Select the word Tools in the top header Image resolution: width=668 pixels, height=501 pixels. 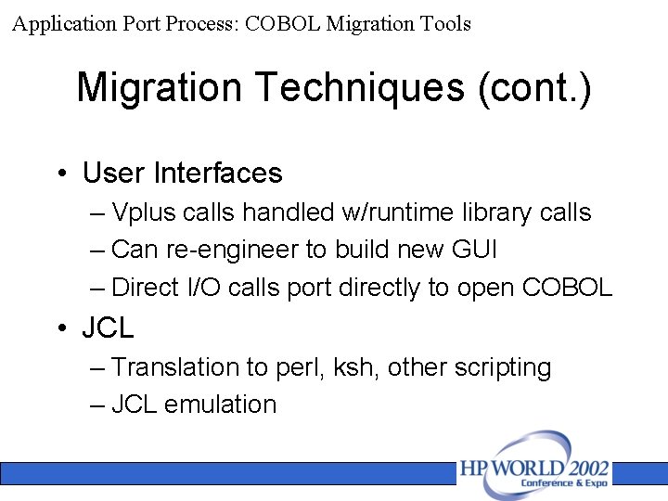pyautogui.click(x=443, y=23)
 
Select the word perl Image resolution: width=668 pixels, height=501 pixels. pyautogui.click(x=297, y=367)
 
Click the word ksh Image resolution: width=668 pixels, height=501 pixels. pyautogui.click(x=353, y=367)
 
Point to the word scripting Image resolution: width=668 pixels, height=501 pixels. pyautogui.click(x=503, y=367)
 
